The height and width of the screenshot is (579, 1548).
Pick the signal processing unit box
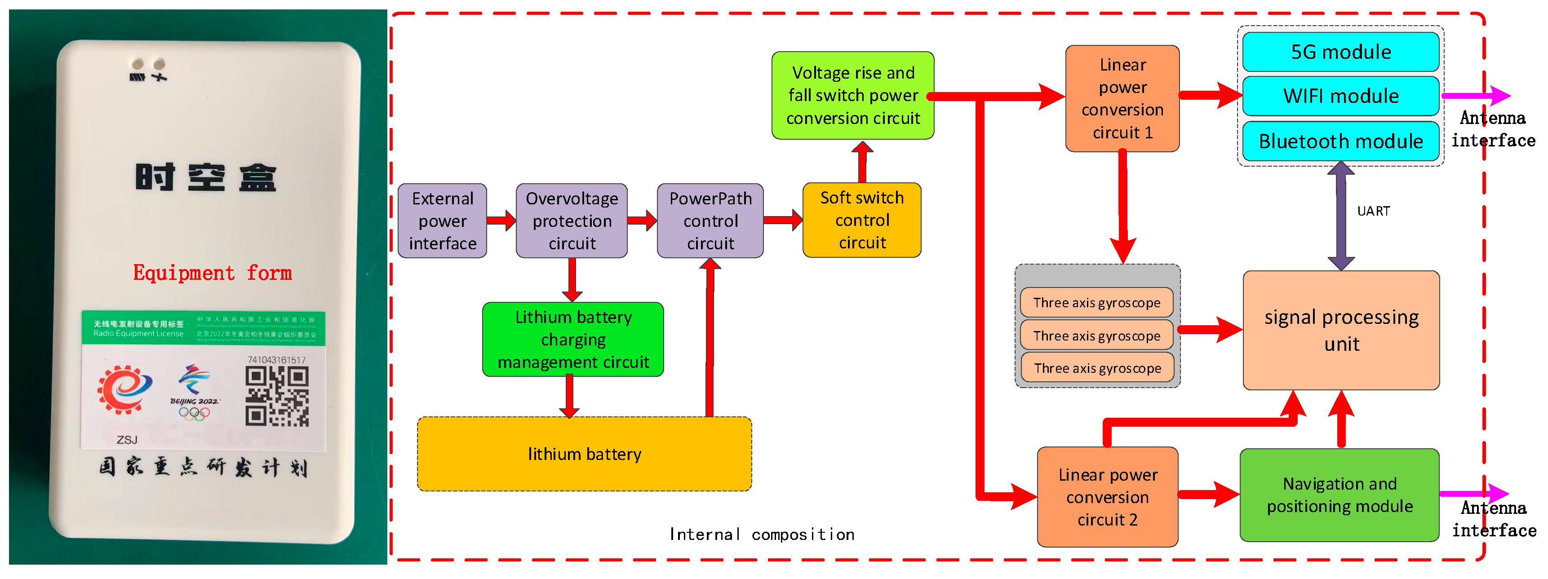1341,330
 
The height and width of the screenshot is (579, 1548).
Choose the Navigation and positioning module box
1339,495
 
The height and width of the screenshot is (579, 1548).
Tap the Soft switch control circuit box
862,221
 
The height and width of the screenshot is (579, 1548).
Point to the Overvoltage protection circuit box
572,221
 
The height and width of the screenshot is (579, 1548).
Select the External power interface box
442,221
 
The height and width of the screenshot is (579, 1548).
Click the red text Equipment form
212,273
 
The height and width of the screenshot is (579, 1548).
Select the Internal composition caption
761,535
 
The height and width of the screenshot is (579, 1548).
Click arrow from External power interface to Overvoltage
501,221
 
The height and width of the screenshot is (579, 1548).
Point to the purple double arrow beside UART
1341,216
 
